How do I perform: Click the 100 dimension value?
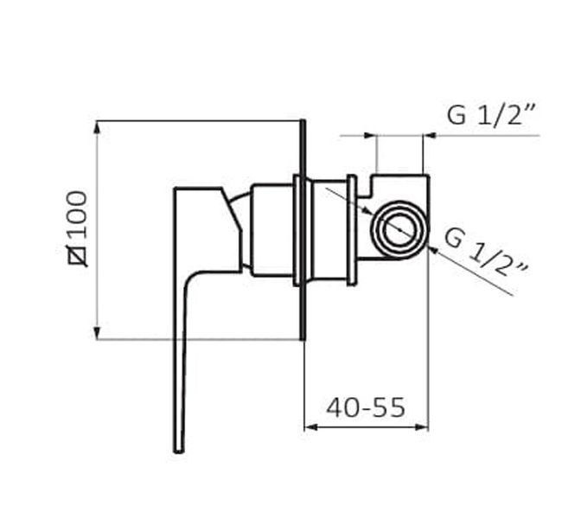pos(78,215)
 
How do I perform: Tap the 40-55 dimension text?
pos(366,407)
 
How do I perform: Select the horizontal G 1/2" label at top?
pos(492,115)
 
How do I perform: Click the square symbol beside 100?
pos(78,256)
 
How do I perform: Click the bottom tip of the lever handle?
pos(179,451)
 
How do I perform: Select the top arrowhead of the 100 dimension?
pos(97,127)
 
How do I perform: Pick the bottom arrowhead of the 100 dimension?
pos(97,333)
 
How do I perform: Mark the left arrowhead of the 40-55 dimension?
pos(310,427)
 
